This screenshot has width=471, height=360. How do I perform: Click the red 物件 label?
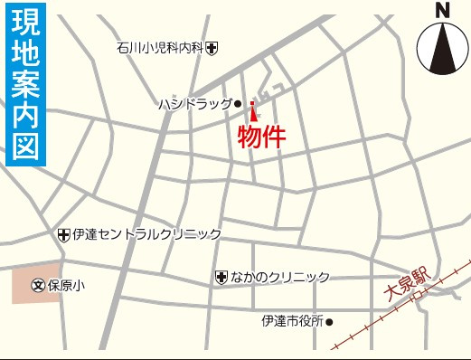261,137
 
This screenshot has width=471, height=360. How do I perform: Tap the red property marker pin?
252,111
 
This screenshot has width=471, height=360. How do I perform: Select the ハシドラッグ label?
194,105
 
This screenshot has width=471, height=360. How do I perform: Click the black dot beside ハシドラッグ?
239,105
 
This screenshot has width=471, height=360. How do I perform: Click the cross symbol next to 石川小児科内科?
211,47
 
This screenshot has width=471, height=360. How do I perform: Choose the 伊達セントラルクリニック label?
147,234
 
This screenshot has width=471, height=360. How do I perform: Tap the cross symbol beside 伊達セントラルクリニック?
63,235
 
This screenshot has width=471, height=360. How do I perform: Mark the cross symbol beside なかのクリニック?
221,277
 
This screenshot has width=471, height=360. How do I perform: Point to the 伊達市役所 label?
292,321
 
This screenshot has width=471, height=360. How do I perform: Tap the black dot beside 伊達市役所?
330,321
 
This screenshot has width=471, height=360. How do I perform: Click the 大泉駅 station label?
409,286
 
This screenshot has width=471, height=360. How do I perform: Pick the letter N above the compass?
442,11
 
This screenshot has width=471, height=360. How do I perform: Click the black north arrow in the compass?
442,51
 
